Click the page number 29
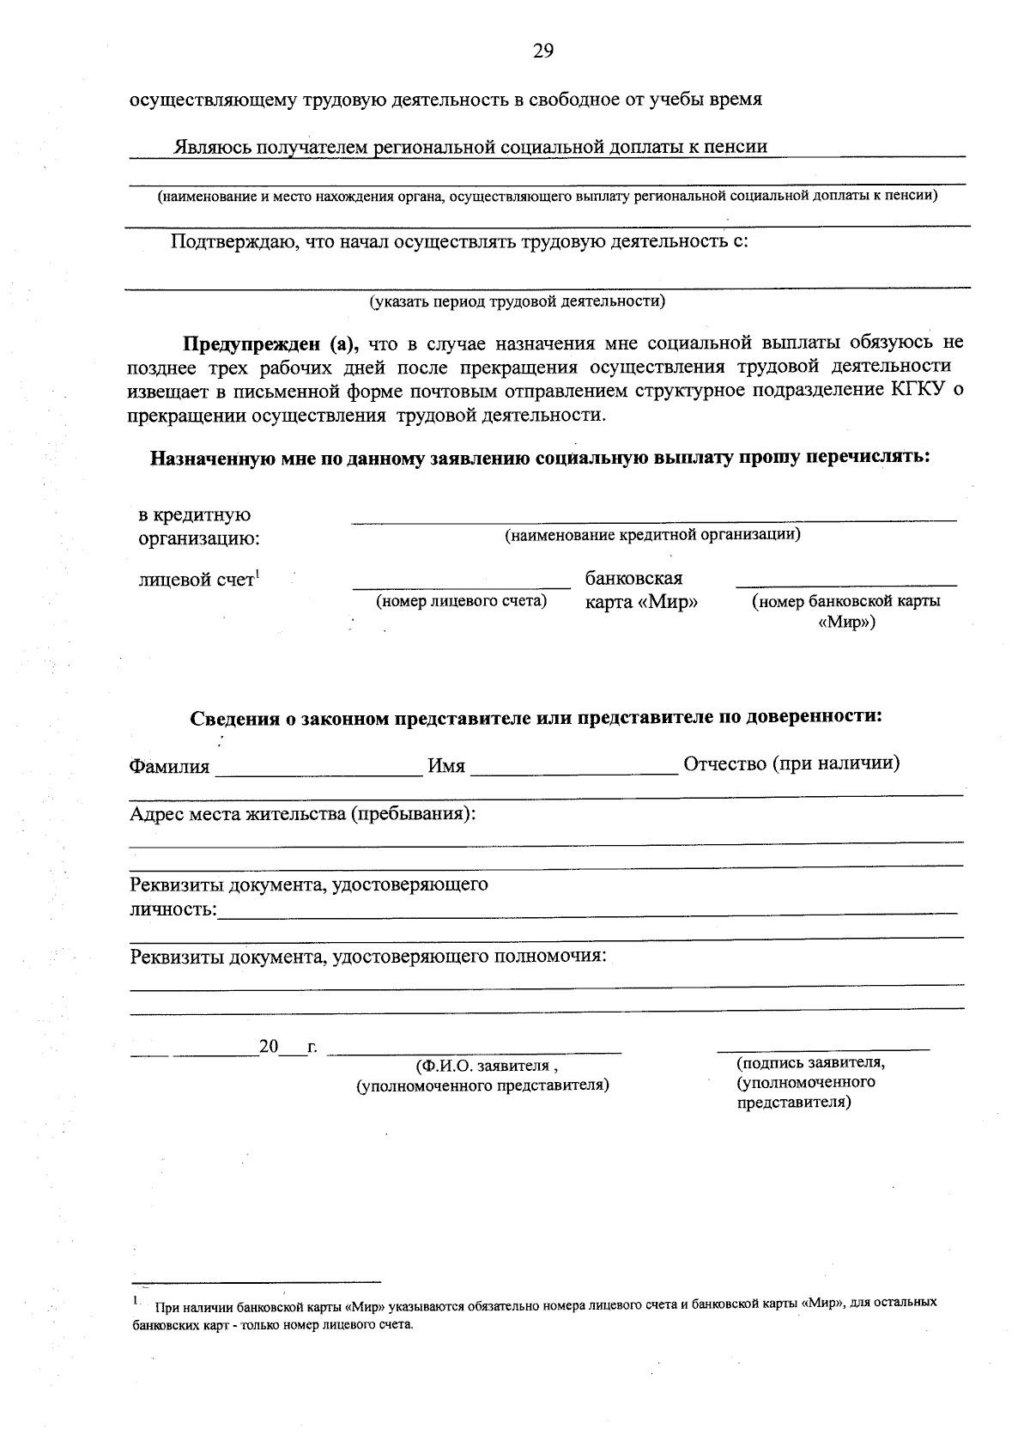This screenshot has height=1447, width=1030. (x=542, y=52)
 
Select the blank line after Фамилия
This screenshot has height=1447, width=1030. (x=318, y=774)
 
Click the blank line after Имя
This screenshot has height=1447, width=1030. (x=573, y=774)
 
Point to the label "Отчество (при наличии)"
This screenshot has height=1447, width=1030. (x=791, y=763)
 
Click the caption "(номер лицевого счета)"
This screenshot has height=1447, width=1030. (x=462, y=601)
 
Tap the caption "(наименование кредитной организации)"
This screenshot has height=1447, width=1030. (x=652, y=535)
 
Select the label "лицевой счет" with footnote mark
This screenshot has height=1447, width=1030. (x=199, y=580)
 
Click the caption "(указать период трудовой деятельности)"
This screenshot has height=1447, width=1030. (x=518, y=301)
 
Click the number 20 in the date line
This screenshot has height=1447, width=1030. (x=269, y=1047)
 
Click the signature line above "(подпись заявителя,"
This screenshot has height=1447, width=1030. (x=823, y=1049)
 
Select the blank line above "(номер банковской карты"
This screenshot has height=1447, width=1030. (x=845, y=585)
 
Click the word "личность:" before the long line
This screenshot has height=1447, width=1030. (x=173, y=909)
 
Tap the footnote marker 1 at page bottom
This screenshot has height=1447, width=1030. (x=136, y=1300)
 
